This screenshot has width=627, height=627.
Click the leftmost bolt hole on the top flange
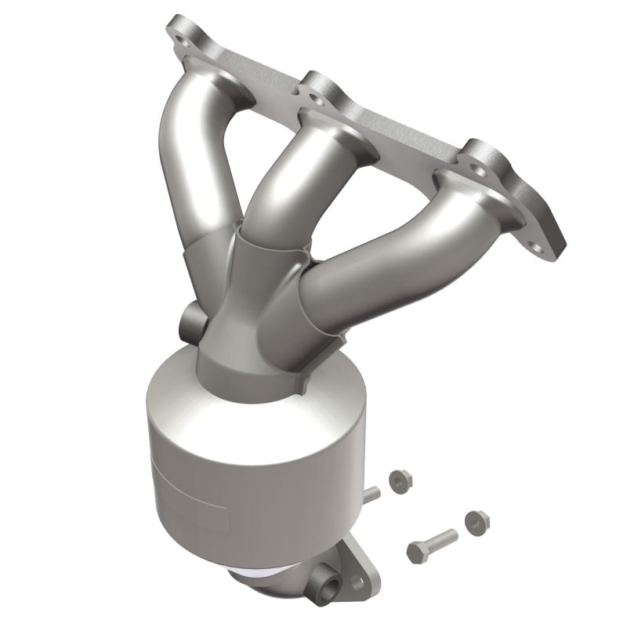(x=184, y=34)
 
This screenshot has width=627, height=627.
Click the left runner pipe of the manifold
(x=193, y=165)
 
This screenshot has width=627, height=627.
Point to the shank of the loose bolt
(x=440, y=539)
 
